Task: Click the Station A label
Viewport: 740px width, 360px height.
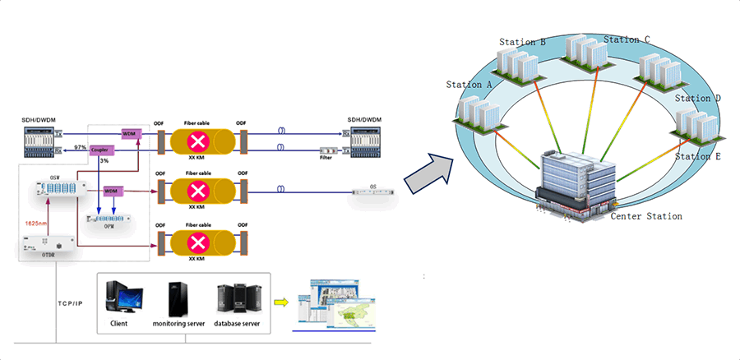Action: [x=469, y=85]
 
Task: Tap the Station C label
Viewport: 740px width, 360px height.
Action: [x=627, y=39]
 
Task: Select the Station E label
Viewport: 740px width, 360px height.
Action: [x=697, y=156]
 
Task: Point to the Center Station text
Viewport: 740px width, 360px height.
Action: [x=645, y=217]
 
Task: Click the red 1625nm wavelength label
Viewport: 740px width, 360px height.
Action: [x=34, y=222]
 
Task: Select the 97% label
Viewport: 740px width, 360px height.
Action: [x=80, y=146]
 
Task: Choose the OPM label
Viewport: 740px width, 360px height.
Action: [x=109, y=226]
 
